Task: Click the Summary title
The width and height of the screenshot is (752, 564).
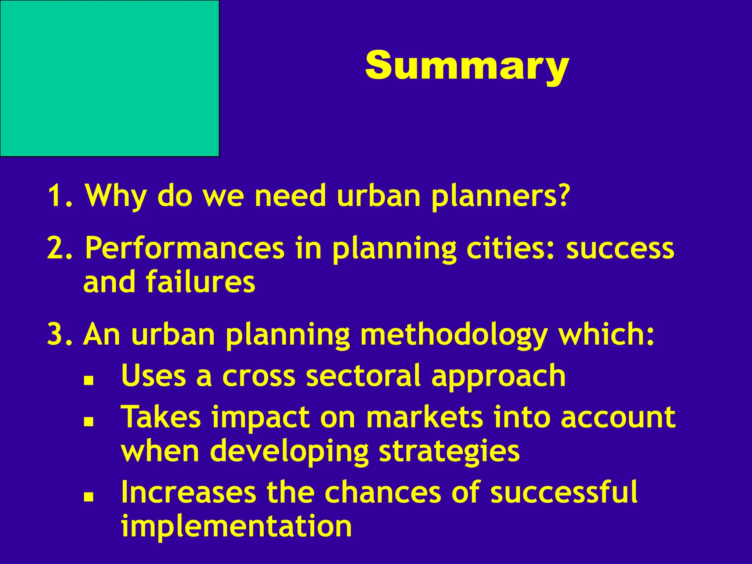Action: click(x=467, y=66)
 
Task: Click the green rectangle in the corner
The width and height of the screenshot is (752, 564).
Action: click(x=109, y=78)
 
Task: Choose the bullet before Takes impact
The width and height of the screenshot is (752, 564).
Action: click(x=88, y=422)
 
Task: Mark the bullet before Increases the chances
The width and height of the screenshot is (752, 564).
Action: click(x=88, y=497)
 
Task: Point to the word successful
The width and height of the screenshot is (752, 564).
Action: click(x=564, y=492)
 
